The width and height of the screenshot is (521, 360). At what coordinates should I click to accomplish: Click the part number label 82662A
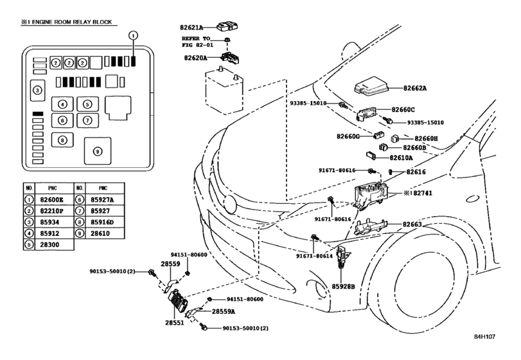pos(414,88)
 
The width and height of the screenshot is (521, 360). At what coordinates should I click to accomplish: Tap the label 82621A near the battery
pos(191,28)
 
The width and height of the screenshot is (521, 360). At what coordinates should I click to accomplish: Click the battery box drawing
pos(224,91)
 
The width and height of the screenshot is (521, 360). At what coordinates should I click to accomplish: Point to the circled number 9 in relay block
pos(98,152)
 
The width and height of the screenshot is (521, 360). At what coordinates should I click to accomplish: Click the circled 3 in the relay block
pos(37,90)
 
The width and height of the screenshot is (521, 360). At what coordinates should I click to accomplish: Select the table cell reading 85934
pos(49,222)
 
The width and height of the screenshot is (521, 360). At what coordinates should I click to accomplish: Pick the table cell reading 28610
pos(100,233)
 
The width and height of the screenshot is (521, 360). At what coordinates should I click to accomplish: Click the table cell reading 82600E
pos(51,200)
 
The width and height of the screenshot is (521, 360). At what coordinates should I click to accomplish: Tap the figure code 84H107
pos(484,336)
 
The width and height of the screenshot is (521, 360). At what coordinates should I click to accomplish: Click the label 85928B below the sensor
pos(343,286)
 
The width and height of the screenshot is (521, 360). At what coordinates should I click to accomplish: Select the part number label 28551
pos(175,323)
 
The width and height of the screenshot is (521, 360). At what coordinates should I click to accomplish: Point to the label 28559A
pos(224,312)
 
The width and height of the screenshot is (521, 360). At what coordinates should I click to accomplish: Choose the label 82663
pos(412,224)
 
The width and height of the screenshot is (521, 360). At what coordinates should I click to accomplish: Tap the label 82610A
pos(401,158)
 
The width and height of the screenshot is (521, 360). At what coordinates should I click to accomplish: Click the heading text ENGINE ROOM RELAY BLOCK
pos(72,22)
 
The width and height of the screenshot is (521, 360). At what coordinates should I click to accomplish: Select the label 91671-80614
pos(314,256)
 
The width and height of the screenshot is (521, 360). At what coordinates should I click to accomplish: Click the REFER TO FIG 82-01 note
pos(198,42)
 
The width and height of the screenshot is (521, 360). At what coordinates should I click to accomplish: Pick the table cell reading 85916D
pos(102,222)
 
